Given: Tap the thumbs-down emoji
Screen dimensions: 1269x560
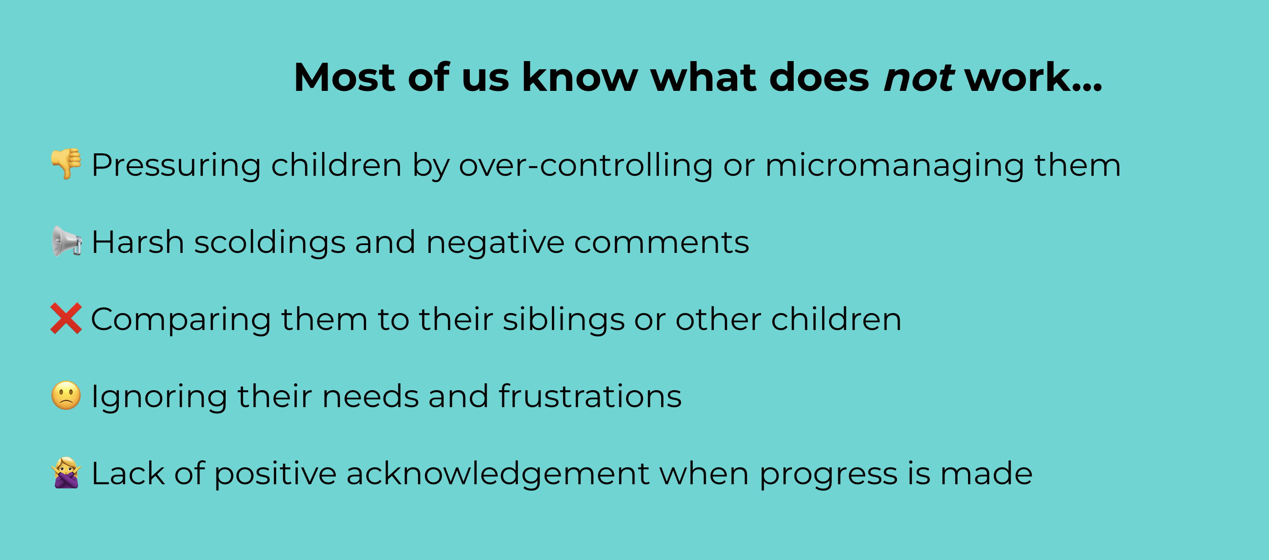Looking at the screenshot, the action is [x=67, y=164].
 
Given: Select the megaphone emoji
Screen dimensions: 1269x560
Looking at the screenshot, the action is [x=67, y=241].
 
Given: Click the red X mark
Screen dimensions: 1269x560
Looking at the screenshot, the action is [x=66, y=319].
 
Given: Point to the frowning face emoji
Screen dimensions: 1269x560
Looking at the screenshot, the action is [x=66, y=395].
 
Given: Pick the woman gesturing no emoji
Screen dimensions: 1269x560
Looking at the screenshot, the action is [x=66, y=473].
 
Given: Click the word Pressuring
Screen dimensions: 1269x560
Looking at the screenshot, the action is [x=176, y=166].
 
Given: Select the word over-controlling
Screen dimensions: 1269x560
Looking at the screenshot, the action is [x=586, y=165].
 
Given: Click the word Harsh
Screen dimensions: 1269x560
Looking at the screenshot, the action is [x=138, y=242].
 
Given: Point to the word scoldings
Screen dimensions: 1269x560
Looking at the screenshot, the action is [x=270, y=243].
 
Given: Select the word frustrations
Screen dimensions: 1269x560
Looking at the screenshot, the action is [x=590, y=396].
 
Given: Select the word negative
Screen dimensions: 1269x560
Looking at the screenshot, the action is [x=495, y=243].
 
